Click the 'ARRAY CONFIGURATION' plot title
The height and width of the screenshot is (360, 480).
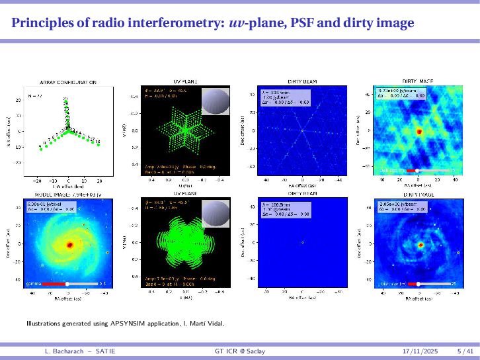coord(69,82)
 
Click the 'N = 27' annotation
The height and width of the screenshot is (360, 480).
coord(34,96)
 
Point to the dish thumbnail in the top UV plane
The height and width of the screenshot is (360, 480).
coord(215,100)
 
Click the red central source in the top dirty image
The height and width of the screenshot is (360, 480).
coord(419,131)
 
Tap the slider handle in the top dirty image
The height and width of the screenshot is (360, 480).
coord(418,171)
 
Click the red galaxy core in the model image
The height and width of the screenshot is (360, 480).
coord(69,245)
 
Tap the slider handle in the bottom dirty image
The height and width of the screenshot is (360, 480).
coord(418,283)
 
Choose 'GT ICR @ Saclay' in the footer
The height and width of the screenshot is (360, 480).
coord(240,349)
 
